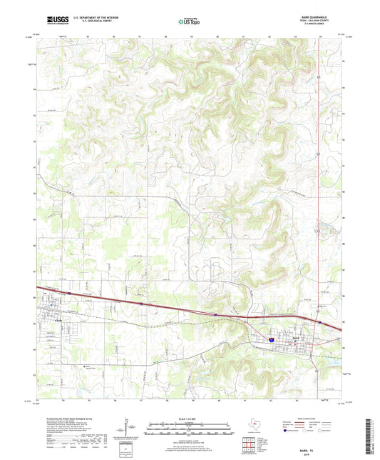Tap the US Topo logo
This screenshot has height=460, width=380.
[x=190, y=21]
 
